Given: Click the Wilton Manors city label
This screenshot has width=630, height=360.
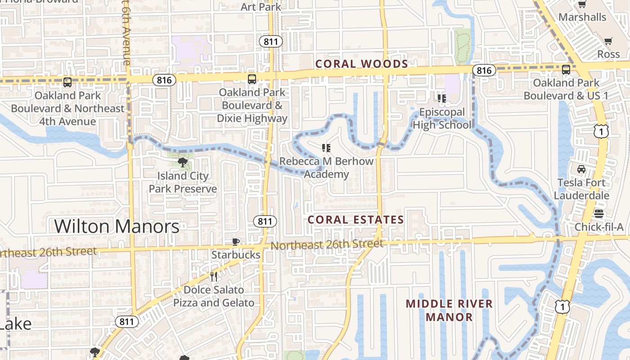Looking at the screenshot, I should click(117, 226).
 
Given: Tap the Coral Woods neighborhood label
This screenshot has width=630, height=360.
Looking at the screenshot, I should click(361, 64).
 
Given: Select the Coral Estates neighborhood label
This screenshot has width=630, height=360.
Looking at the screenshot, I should click(355, 220).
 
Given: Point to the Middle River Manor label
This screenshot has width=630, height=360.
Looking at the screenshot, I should click(449, 310).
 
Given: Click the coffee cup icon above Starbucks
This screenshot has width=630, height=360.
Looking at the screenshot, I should click(235, 242).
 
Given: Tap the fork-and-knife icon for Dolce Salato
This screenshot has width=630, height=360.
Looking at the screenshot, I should click(214, 277).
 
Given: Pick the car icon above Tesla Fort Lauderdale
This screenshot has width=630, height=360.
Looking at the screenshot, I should click(581, 169).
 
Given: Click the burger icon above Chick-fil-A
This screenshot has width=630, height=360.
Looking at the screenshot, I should click(598, 213).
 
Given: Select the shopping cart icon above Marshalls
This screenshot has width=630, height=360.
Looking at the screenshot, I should click(582, 4).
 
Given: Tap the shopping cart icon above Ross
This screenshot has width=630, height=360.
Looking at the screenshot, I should click(608, 41).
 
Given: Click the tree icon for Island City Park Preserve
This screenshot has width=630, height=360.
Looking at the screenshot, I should click(183, 162).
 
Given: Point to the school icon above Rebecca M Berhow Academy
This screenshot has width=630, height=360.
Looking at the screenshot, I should click(326, 148).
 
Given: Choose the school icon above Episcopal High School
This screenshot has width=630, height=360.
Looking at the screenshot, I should click(441, 98).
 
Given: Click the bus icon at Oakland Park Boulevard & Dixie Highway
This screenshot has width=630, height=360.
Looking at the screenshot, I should click(252, 79).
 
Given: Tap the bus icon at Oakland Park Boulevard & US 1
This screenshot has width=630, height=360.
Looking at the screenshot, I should click(566, 70).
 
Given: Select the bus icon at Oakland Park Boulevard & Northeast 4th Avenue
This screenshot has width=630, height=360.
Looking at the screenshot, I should click(67, 82).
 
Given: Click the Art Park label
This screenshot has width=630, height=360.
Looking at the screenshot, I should click(261, 7).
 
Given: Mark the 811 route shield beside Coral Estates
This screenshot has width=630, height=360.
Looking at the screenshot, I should click(265, 221).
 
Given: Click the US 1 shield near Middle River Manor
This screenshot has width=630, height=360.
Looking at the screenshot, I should click(562, 306).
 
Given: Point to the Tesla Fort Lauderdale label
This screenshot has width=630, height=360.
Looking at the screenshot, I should click(581, 189).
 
